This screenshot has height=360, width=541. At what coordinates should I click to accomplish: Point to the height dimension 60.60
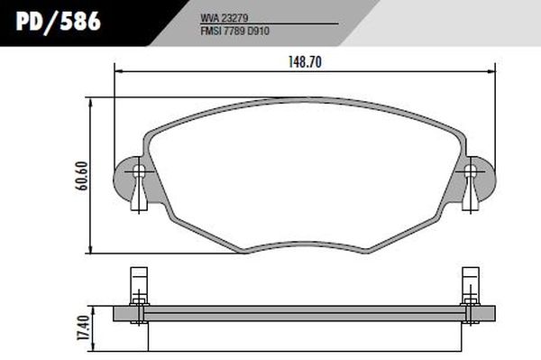coord(81,175)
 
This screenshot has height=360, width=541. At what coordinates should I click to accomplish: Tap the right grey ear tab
coord(485,172)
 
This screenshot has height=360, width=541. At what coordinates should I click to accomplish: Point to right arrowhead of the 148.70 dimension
coord(492,73)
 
